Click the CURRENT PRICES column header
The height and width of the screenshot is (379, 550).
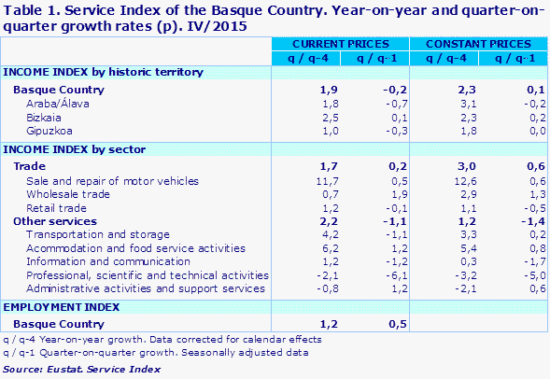click(x=340, y=44)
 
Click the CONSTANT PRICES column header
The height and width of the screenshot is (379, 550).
click(x=476, y=44)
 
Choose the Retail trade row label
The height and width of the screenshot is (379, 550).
click(x=57, y=207)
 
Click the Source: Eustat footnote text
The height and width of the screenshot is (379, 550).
click(x=75, y=370)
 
